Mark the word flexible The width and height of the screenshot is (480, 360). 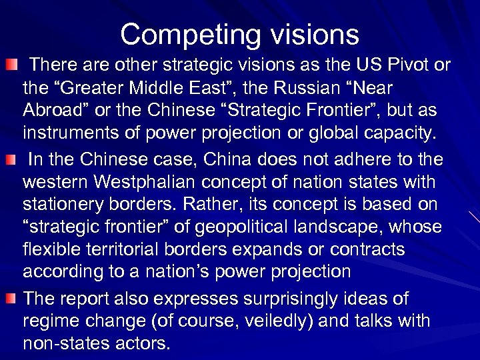[x=51, y=249]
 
